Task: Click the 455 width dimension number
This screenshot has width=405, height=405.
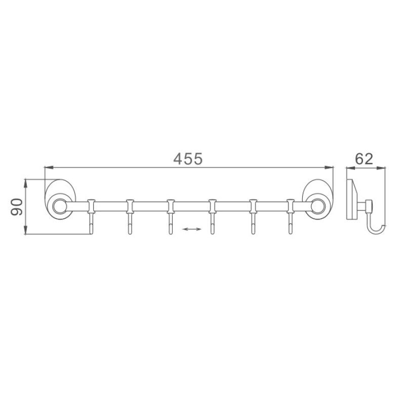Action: (x=188, y=159)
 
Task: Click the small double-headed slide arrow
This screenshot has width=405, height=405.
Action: (x=191, y=230)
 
